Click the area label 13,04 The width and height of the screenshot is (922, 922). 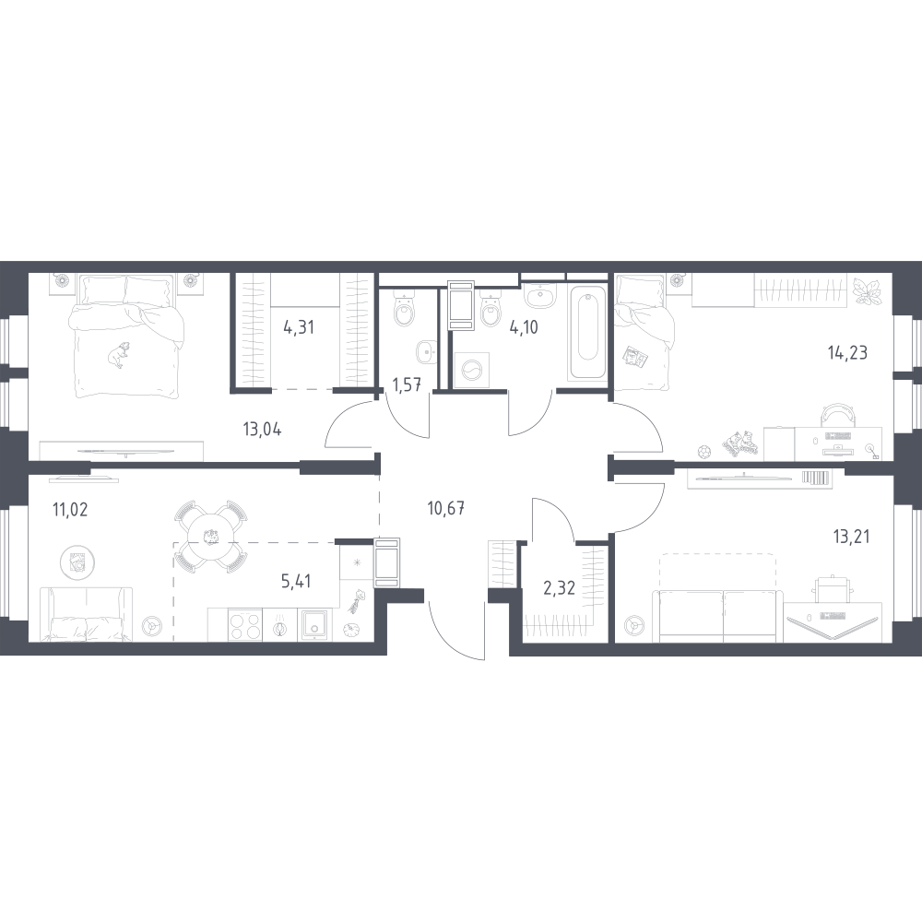262,430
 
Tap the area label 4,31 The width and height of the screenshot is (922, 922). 299,327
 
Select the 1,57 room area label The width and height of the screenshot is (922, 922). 407,385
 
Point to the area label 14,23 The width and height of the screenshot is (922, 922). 847,353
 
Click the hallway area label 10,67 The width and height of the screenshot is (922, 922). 446,508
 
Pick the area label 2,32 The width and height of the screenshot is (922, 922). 559,587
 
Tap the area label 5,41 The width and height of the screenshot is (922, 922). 296,582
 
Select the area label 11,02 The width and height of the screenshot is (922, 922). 70,509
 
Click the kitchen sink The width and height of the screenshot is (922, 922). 315,624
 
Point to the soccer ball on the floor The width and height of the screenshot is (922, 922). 705,452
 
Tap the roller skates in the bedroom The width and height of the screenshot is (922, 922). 739,443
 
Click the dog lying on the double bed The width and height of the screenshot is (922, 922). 119,354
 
